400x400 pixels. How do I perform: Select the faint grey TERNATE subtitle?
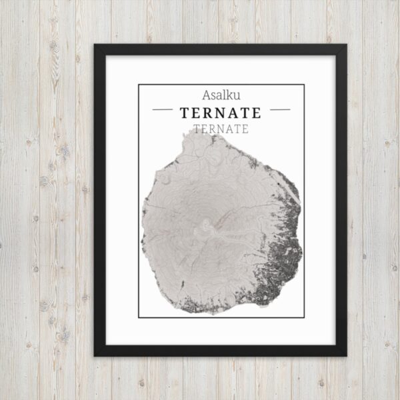(220, 129)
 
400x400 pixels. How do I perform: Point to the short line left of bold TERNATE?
(163, 109)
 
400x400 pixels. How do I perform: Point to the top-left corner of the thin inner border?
(139, 85)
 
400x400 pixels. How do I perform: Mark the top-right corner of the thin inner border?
(304, 85)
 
